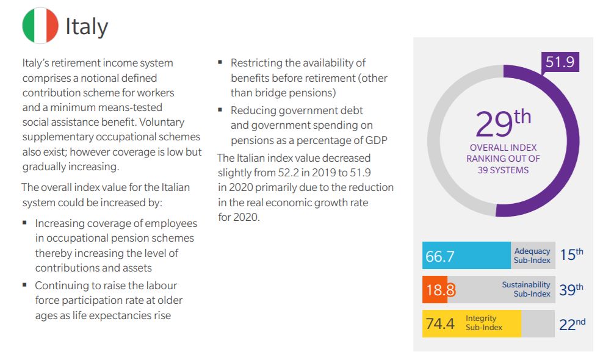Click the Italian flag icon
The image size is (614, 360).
point(40,26)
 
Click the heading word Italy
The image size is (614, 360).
point(87,26)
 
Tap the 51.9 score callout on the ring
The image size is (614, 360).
point(560,63)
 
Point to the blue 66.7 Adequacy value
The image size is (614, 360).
point(440,256)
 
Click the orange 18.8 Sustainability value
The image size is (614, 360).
point(440,290)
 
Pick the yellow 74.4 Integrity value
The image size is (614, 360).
point(440,324)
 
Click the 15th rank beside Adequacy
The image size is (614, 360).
point(571,255)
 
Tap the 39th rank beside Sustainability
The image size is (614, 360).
point(571,289)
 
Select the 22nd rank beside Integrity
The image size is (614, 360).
point(572,324)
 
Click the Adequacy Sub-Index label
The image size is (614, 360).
point(532,256)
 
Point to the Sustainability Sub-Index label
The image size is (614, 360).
point(526,289)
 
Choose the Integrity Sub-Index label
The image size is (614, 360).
point(484,323)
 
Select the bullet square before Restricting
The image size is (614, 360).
point(220,62)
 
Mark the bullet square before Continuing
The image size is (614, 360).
point(25,284)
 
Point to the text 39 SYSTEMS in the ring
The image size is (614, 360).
point(504,170)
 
